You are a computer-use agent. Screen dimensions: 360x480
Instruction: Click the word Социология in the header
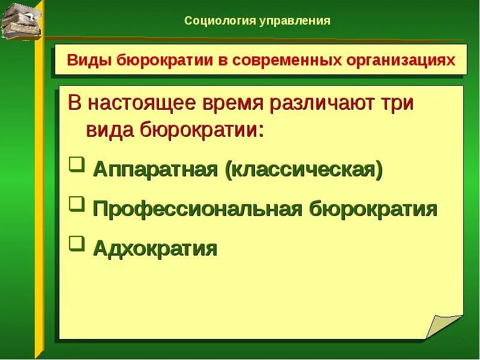(219, 21)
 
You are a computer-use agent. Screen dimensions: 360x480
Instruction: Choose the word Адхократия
(155, 247)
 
